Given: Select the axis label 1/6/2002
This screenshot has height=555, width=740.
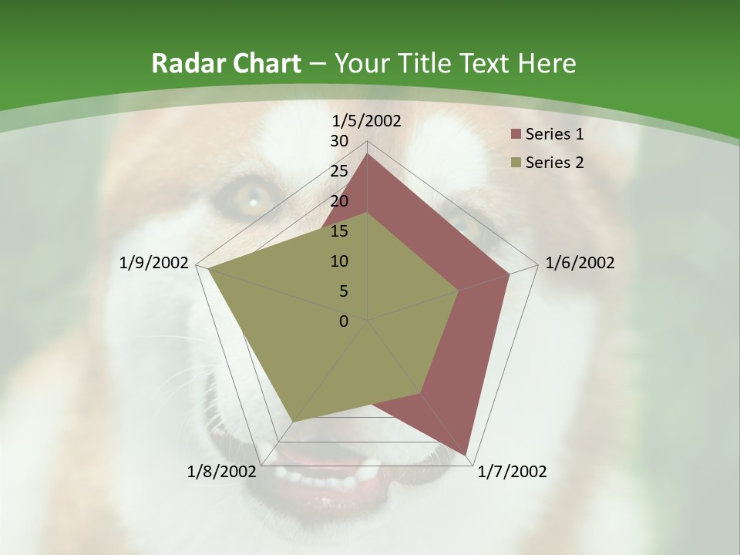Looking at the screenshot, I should click(580, 263).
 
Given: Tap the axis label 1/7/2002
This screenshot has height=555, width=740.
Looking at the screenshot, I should click(512, 472).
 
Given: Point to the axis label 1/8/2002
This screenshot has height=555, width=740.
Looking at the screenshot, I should click(221, 472).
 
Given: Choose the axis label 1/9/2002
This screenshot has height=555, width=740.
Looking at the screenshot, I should click(153, 263).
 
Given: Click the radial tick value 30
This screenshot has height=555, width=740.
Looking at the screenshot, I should click(338, 141).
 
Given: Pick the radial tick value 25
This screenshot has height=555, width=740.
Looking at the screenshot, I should click(338, 171).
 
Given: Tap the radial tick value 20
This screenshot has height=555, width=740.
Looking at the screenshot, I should click(338, 201).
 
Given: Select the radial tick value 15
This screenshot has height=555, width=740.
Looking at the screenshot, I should click(338, 231).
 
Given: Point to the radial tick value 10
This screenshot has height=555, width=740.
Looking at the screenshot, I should click(338, 261).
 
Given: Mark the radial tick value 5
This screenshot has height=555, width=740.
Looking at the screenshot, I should click(343, 291).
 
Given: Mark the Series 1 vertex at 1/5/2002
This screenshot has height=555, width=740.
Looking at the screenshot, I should click(368, 154).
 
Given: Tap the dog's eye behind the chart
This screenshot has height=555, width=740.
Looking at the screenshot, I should click(248, 199).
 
